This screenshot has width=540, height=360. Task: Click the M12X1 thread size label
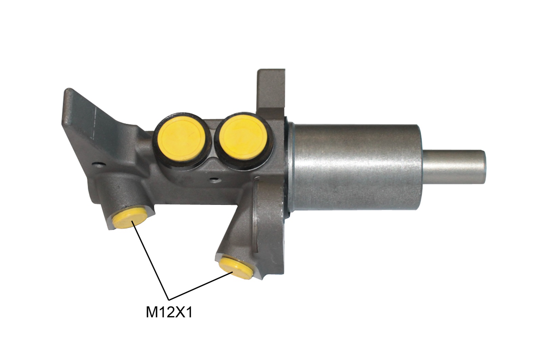coord(169,312)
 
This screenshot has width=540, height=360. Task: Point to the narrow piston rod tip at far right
coord(455,166)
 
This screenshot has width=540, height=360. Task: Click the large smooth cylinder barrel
coord(356,166)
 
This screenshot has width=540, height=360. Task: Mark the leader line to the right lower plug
coord(200,286)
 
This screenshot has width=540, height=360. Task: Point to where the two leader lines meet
coord(169,299)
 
